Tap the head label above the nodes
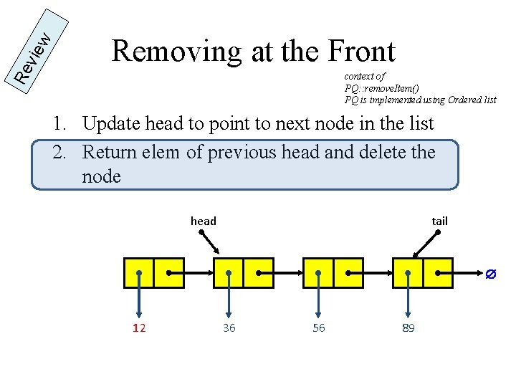click(204, 221)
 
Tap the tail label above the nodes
click(439, 221)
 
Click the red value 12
click(139, 328)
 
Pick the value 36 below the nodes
click(229, 328)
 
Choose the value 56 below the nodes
click(318, 328)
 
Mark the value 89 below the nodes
click(408, 328)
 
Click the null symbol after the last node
click(491, 274)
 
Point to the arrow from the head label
click(211, 244)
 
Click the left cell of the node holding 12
click(139, 273)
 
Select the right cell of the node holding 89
click(438, 273)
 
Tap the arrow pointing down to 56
click(318, 297)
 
